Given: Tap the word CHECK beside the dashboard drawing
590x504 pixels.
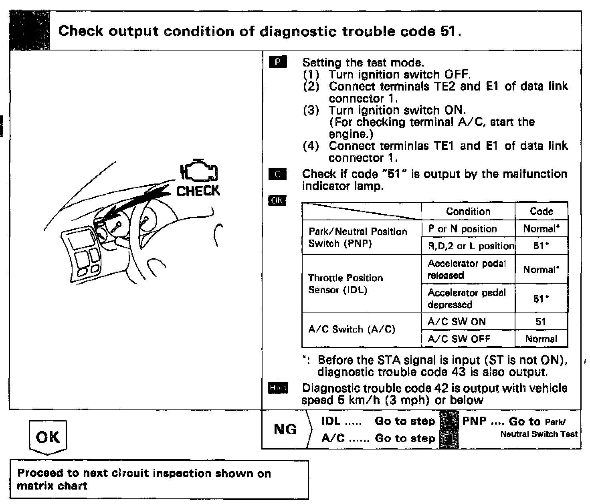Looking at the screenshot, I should tap(198, 191).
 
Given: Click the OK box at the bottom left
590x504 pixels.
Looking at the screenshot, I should tap(48, 437).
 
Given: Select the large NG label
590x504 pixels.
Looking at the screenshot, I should tap(285, 429).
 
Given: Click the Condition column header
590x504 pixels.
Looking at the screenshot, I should tap(468, 211).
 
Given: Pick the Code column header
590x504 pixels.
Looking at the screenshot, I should tap(541, 211).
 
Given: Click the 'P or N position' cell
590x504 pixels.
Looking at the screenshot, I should tap(462, 229).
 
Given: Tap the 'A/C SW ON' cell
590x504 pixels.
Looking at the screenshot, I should tap(457, 322).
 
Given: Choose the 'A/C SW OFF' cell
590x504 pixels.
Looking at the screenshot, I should tap(459, 339).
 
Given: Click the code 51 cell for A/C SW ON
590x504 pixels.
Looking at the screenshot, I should tap(541, 322).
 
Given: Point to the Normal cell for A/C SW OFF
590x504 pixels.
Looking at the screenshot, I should tap(541, 339).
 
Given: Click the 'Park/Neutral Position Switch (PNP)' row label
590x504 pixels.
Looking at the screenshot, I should tap(358, 237).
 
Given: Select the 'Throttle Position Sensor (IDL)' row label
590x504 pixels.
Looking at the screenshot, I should tap(345, 284).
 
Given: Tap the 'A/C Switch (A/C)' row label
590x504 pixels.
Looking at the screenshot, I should tap(352, 329).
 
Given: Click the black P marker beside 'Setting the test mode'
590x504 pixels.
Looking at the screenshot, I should tap(278, 62).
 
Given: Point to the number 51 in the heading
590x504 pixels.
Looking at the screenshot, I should tap(449, 31).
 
